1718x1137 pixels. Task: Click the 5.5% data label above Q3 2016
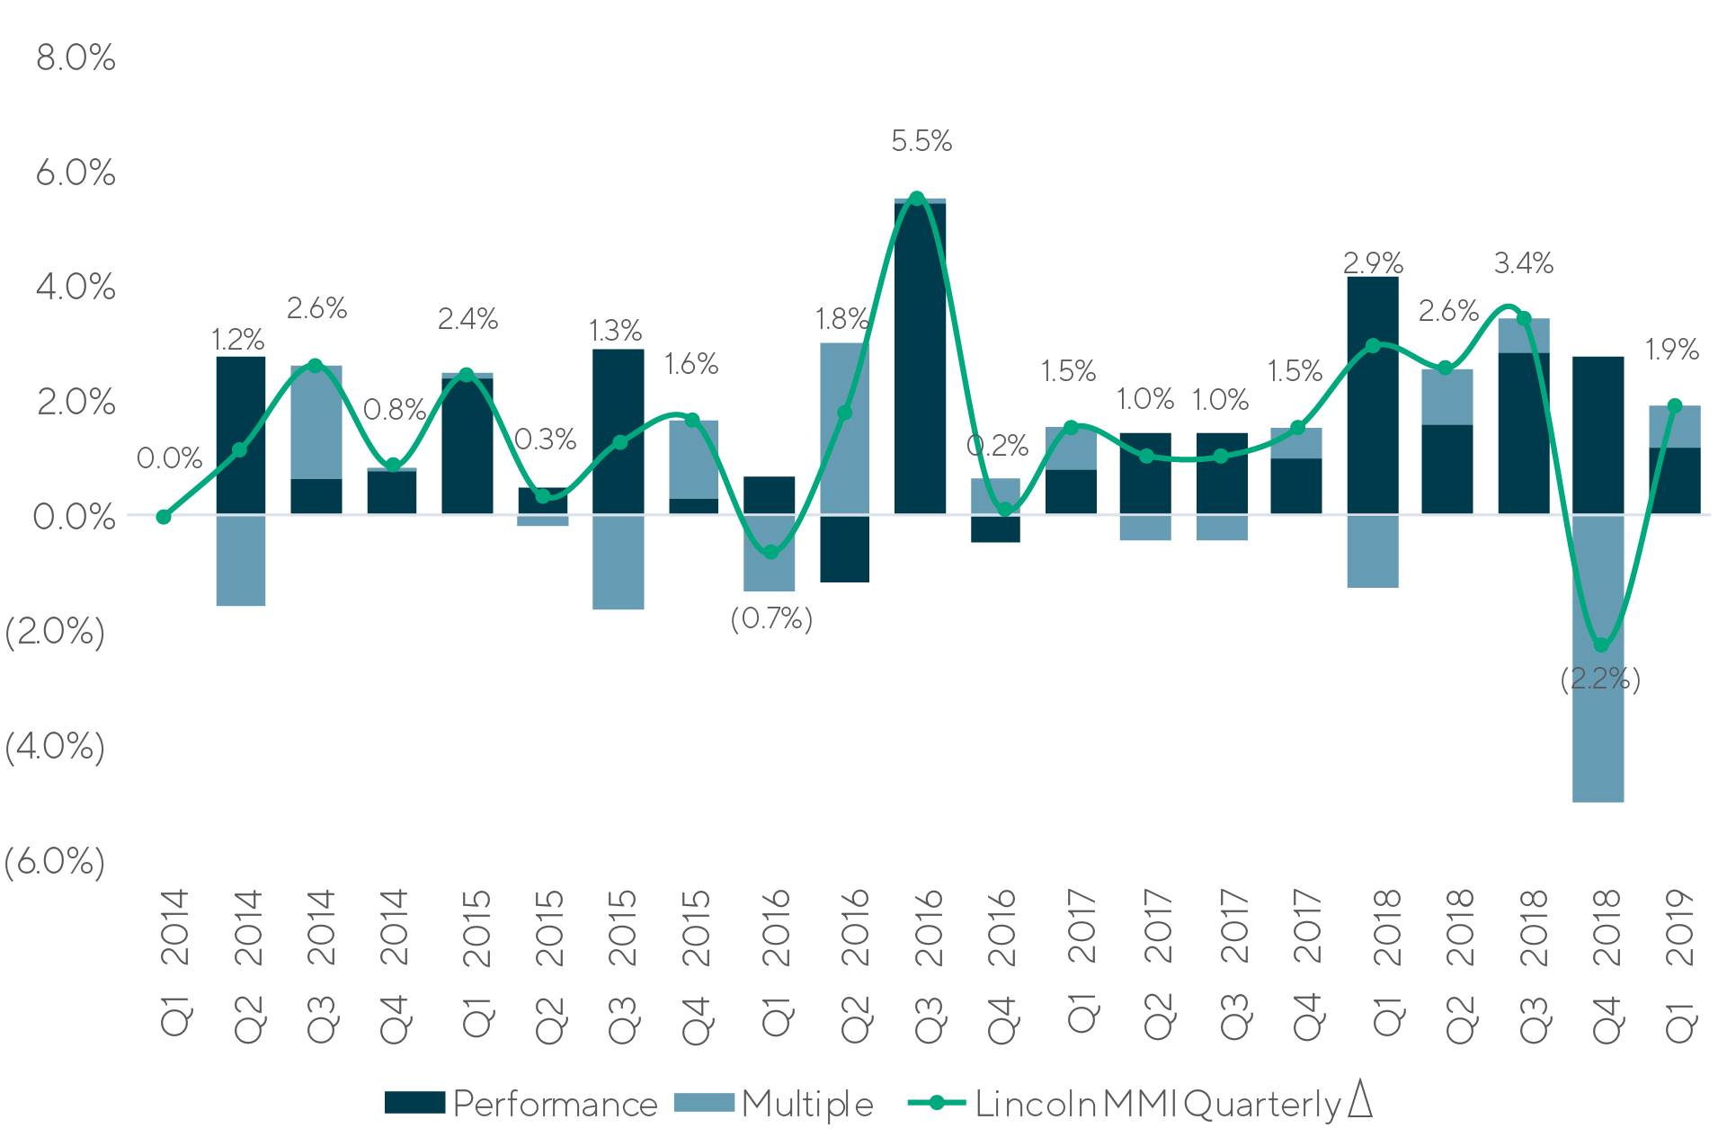click(921, 141)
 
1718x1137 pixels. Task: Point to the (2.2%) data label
click(1599, 679)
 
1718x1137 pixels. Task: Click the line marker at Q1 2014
click(164, 517)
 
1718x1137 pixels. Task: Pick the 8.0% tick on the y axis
click(76, 58)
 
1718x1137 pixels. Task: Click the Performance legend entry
click(521, 1104)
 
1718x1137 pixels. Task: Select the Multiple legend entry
click(774, 1104)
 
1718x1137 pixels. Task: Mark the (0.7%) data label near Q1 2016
click(771, 619)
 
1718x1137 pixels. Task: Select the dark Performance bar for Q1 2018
click(1373, 395)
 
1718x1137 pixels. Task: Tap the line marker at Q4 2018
click(1600, 645)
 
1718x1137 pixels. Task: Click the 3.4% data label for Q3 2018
click(1524, 263)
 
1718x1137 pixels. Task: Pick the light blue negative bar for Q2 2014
click(241, 560)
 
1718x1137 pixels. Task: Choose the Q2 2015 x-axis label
click(549, 965)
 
